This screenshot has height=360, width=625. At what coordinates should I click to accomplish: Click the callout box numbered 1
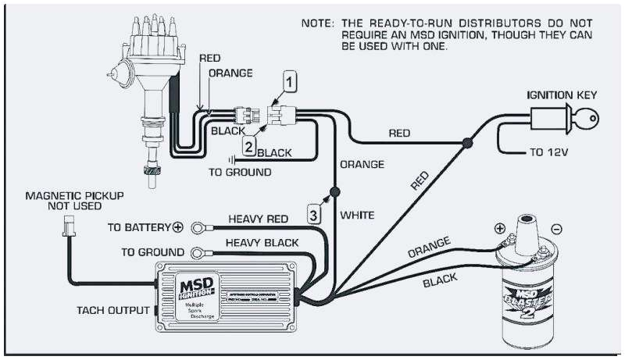291,80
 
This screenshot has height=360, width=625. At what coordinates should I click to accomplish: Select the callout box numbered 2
249,145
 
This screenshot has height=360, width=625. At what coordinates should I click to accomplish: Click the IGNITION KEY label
562,94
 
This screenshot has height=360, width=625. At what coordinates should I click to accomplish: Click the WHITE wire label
356,214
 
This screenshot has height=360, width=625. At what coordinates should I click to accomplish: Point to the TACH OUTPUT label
112,310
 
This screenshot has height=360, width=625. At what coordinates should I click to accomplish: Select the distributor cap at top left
149,33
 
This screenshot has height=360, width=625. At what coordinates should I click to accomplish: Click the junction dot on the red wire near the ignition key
467,143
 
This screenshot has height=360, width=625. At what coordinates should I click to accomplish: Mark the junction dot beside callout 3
334,191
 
